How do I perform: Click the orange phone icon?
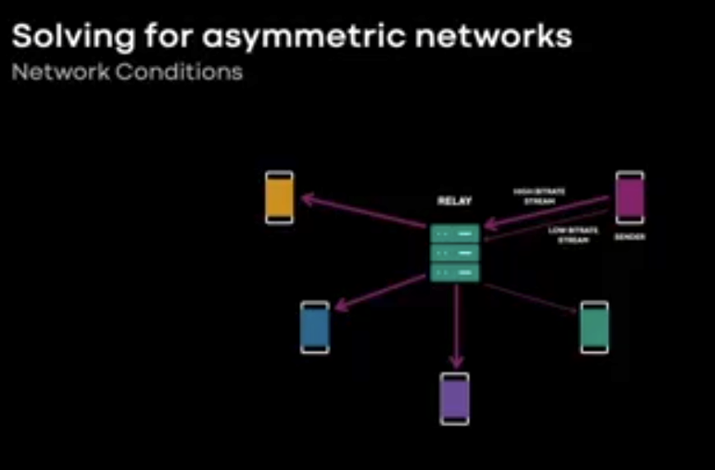279,198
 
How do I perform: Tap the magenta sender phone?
630,198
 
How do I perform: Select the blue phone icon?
315,327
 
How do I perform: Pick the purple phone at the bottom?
455,398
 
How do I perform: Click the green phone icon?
594,327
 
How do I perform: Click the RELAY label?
454,201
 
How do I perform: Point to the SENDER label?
630,237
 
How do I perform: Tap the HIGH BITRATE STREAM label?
540,195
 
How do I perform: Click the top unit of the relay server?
455,234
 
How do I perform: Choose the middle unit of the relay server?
455,253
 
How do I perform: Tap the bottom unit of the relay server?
455,272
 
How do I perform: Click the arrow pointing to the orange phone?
362,211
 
